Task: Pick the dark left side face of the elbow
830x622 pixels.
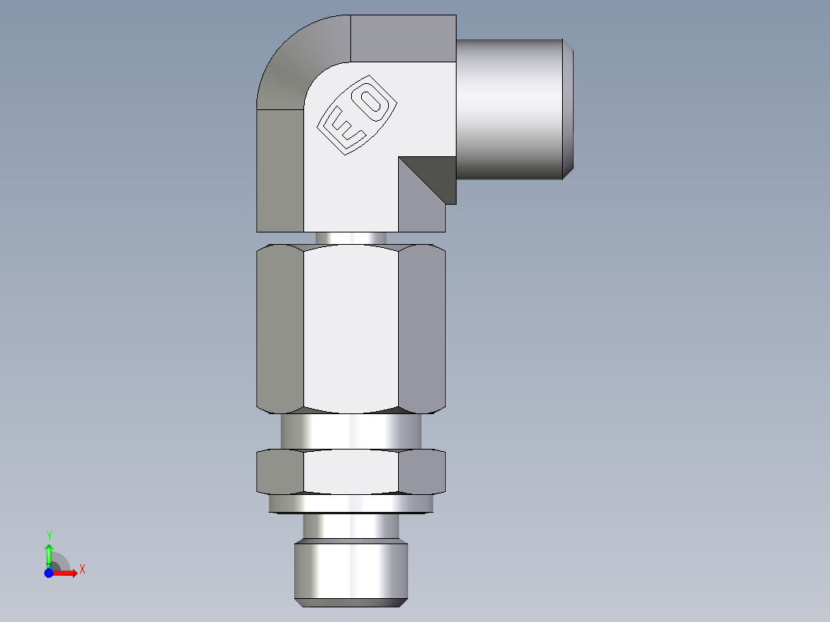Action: [279, 169]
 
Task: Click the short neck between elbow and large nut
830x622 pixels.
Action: [351, 238]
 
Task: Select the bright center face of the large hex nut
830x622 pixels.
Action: [351, 327]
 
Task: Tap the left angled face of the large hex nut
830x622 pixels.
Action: [279, 327]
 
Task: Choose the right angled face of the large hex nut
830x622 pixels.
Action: [423, 327]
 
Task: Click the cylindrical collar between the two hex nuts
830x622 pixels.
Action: [351, 431]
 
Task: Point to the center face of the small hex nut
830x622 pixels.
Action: [351, 471]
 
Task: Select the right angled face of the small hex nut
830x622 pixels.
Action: [423, 471]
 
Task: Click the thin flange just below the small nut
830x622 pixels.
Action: [351, 503]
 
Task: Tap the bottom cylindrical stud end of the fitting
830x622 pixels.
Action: [351, 574]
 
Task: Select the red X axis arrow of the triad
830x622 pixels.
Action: [66, 573]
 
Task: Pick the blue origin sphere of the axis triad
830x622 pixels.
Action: [49, 573]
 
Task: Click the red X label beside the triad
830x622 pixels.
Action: [82, 570]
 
